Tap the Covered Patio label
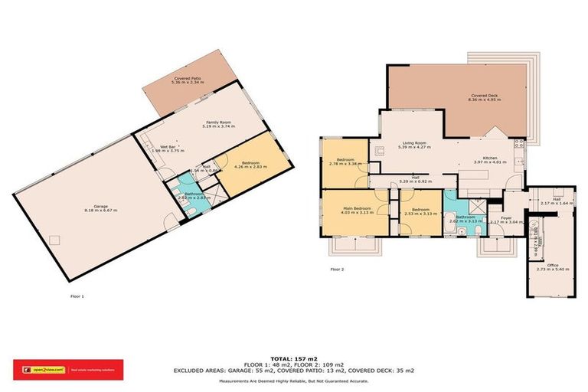coord(188,79)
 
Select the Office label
coord(547,266)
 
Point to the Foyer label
coord(496,219)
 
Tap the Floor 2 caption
coord(337,269)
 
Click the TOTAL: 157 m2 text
coord(294,358)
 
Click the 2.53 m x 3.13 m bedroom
coord(421,211)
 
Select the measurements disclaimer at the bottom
coord(294,381)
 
